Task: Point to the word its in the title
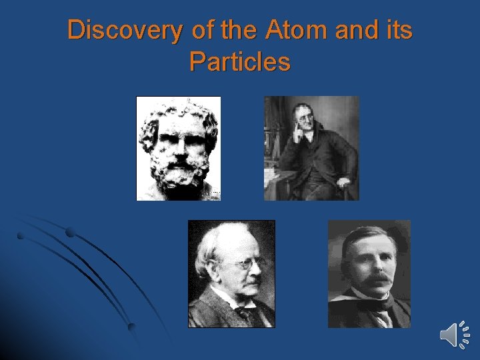coord(398,30)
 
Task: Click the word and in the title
coord(349,30)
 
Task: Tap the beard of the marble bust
coord(179,175)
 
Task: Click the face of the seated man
coord(305,123)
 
